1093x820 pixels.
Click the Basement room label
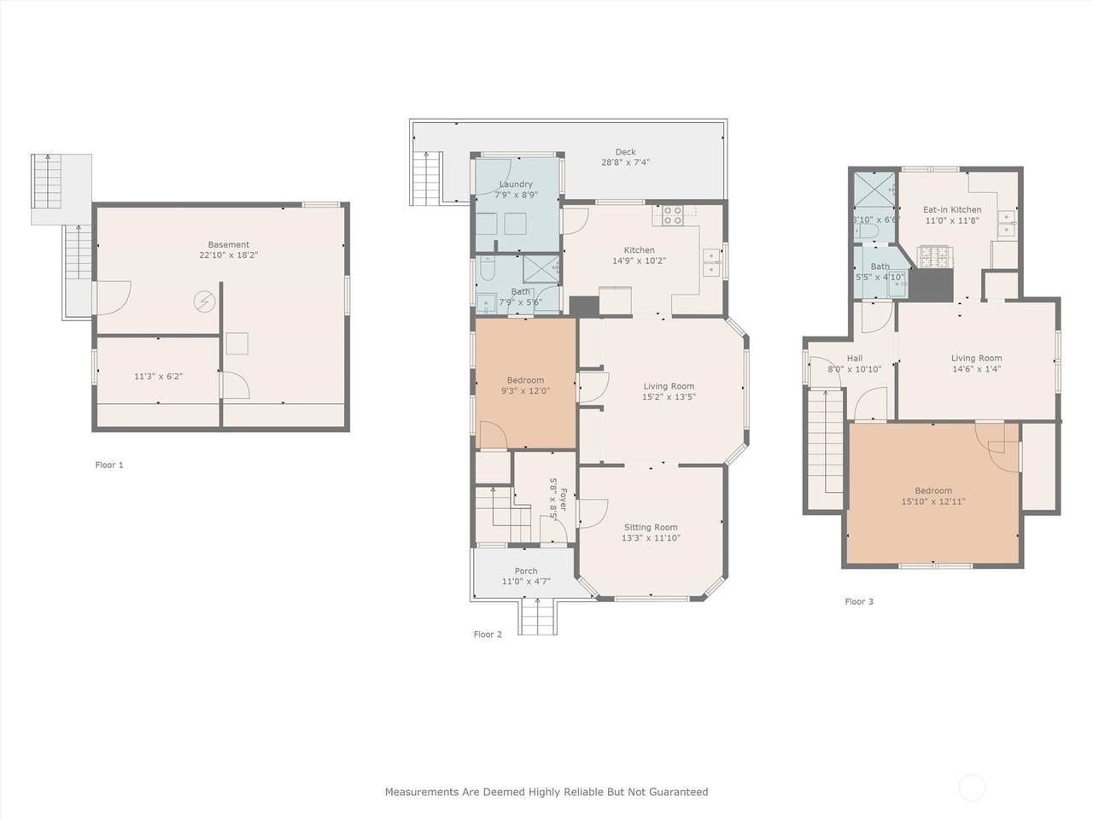[x=229, y=244]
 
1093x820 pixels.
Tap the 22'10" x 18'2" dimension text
[x=229, y=255]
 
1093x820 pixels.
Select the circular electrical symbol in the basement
[x=204, y=302]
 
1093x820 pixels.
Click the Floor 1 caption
[x=109, y=465]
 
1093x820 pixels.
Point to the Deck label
[x=625, y=152]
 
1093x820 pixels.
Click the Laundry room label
[x=516, y=184]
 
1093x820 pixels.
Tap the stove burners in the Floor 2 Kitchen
[x=673, y=215]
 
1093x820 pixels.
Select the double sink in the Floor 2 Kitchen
[x=711, y=262]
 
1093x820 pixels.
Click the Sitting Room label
[x=651, y=527]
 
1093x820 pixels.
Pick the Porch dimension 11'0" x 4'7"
[x=526, y=582]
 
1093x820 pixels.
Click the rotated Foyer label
[x=564, y=500]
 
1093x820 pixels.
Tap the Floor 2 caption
[x=488, y=635]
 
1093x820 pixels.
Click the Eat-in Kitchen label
[x=952, y=209]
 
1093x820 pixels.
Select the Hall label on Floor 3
[x=855, y=359]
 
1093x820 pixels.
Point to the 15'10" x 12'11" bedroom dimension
[x=933, y=502]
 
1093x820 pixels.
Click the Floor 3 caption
[x=859, y=601]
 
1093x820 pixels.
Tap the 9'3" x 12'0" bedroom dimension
[x=525, y=391]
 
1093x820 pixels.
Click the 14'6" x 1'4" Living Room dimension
[x=977, y=369]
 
